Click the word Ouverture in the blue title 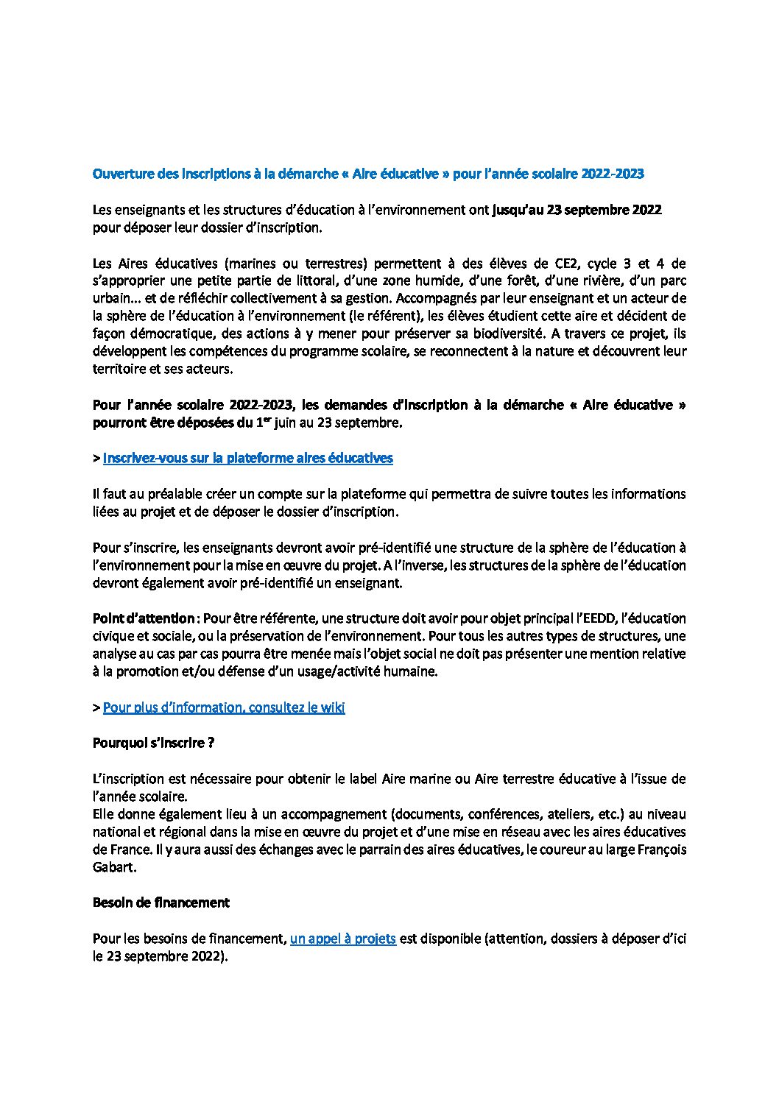[119, 174]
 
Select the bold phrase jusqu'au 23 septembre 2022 [577, 210]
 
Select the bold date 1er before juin [261, 423]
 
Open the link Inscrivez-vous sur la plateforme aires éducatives [247, 458]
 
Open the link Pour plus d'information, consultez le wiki [224, 707]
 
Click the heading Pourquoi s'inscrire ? [153, 743]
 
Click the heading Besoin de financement [161, 903]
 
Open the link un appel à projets [343, 939]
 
